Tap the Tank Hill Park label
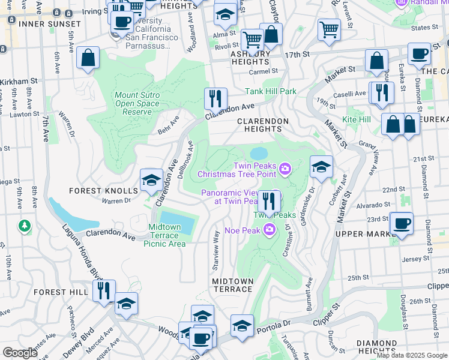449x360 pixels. click(x=271, y=92)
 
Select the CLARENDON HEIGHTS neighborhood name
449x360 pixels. click(x=263, y=125)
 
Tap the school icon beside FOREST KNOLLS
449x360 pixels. click(x=151, y=180)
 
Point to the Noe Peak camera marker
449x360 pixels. click(x=270, y=229)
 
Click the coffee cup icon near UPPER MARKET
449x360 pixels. click(x=401, y=223)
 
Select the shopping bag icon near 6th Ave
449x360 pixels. click(x=88, y=59)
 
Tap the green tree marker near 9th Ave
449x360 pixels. click(x=24, y=226)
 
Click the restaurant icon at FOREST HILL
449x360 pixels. click(x=104, y=291)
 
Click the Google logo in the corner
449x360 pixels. click(x=21, y=353)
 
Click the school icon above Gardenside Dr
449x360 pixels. click(x=321, y=167)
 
